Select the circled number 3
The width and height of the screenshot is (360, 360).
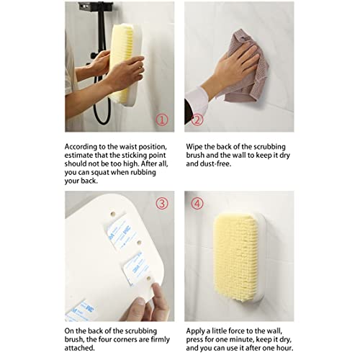click(162, 204)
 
